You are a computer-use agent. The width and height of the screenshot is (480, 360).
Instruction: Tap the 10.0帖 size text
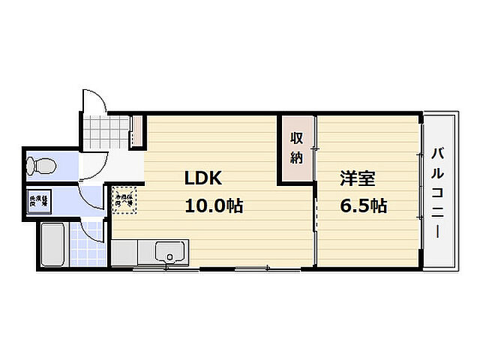point(214,206)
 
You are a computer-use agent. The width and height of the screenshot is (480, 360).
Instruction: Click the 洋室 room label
point(358,179)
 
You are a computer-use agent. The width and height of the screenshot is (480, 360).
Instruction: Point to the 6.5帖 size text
point(363,205)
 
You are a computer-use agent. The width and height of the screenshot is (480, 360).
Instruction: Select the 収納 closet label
point(297,148)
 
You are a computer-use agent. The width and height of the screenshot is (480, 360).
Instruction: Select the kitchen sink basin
point(174,253)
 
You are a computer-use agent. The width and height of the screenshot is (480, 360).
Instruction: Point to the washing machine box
point(39,200)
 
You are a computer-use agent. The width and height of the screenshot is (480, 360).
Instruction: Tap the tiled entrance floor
point(105,132)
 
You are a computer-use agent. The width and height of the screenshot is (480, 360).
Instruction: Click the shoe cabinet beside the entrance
point(136,130)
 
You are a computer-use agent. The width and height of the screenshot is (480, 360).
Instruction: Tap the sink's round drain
point(170,259)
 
